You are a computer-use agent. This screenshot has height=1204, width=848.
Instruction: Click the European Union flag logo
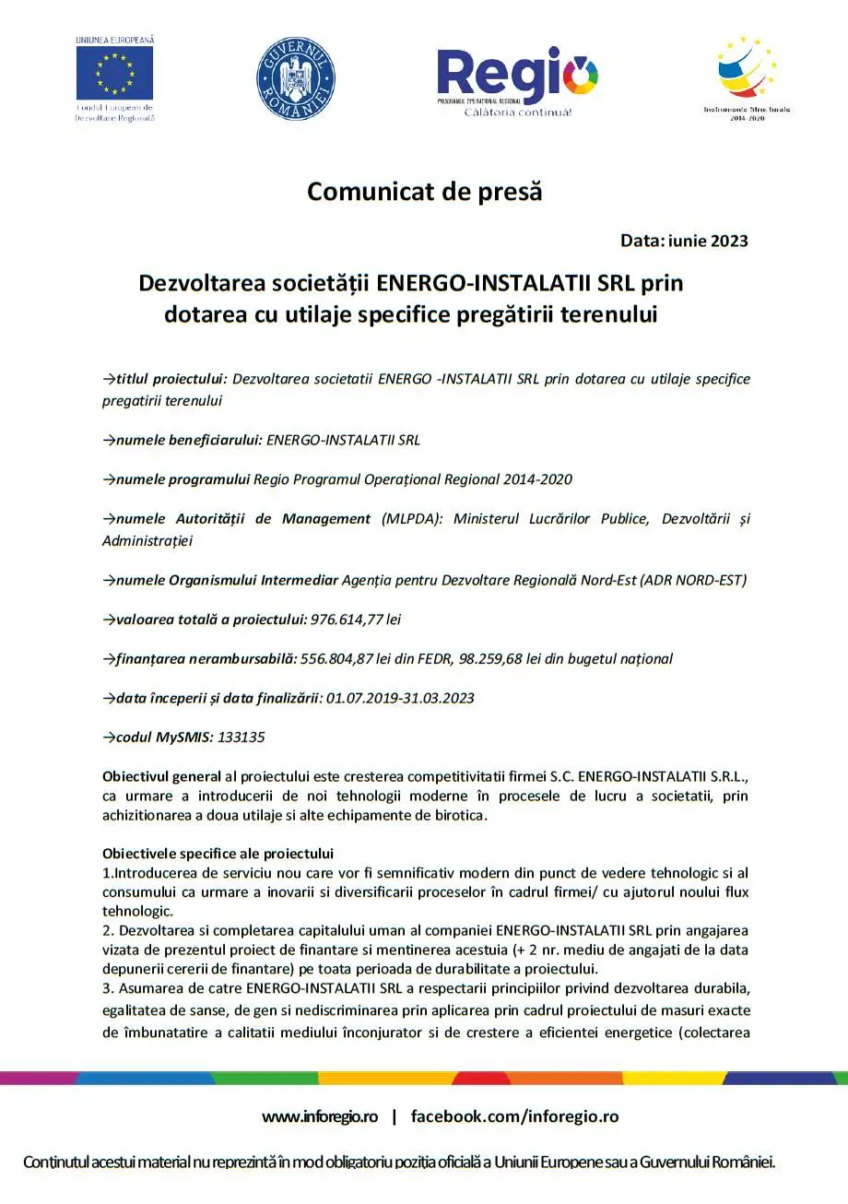(x=114, y=73)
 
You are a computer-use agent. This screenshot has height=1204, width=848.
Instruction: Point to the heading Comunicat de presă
(x=425, y=192)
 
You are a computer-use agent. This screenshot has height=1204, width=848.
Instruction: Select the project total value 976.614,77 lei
(x=356, y=620)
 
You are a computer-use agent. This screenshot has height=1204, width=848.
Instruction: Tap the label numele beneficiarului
(x=189, y=440)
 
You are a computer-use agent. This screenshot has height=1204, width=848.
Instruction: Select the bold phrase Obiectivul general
(x=161, y=778)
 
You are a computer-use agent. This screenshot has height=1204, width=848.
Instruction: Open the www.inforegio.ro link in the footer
(x=320, y=1116)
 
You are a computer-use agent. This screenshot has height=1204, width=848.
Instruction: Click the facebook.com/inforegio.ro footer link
(x=514, y=1116)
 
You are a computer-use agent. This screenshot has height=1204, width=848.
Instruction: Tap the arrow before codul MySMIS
(x=108, y=738)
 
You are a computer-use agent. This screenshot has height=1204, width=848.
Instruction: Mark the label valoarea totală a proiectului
(x=210, y=620)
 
